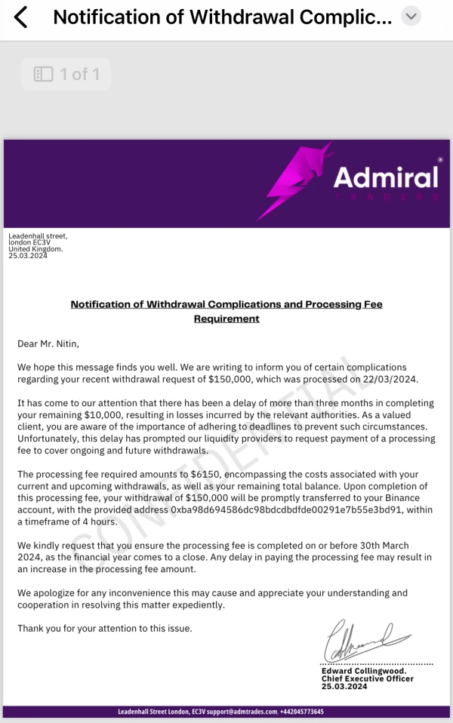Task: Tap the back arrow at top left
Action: coord(20,17)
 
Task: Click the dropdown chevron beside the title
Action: coord(411,16)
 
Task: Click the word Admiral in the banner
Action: coord(386,177)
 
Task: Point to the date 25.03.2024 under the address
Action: coord(28,256)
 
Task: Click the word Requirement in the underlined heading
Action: coord(226,318)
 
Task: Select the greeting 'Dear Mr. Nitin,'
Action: coord(48,344)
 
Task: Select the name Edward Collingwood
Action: coord(363,671)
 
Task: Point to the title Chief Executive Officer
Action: coord(367,678)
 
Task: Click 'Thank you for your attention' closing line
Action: coord(104,628)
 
